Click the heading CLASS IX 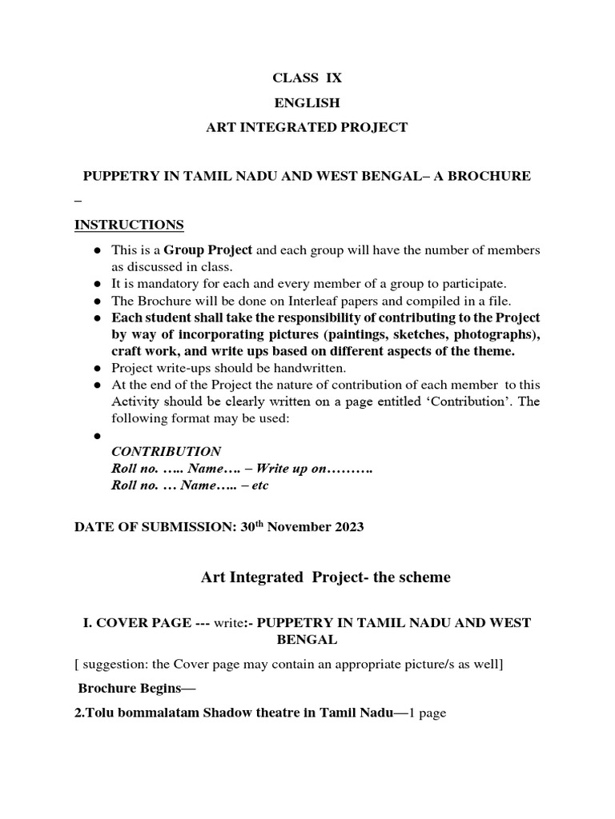307,78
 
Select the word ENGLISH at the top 307,102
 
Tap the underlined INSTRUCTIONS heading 129,224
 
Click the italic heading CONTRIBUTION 166,451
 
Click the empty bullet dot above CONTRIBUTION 96,436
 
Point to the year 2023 349,526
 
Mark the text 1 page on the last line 428,713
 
